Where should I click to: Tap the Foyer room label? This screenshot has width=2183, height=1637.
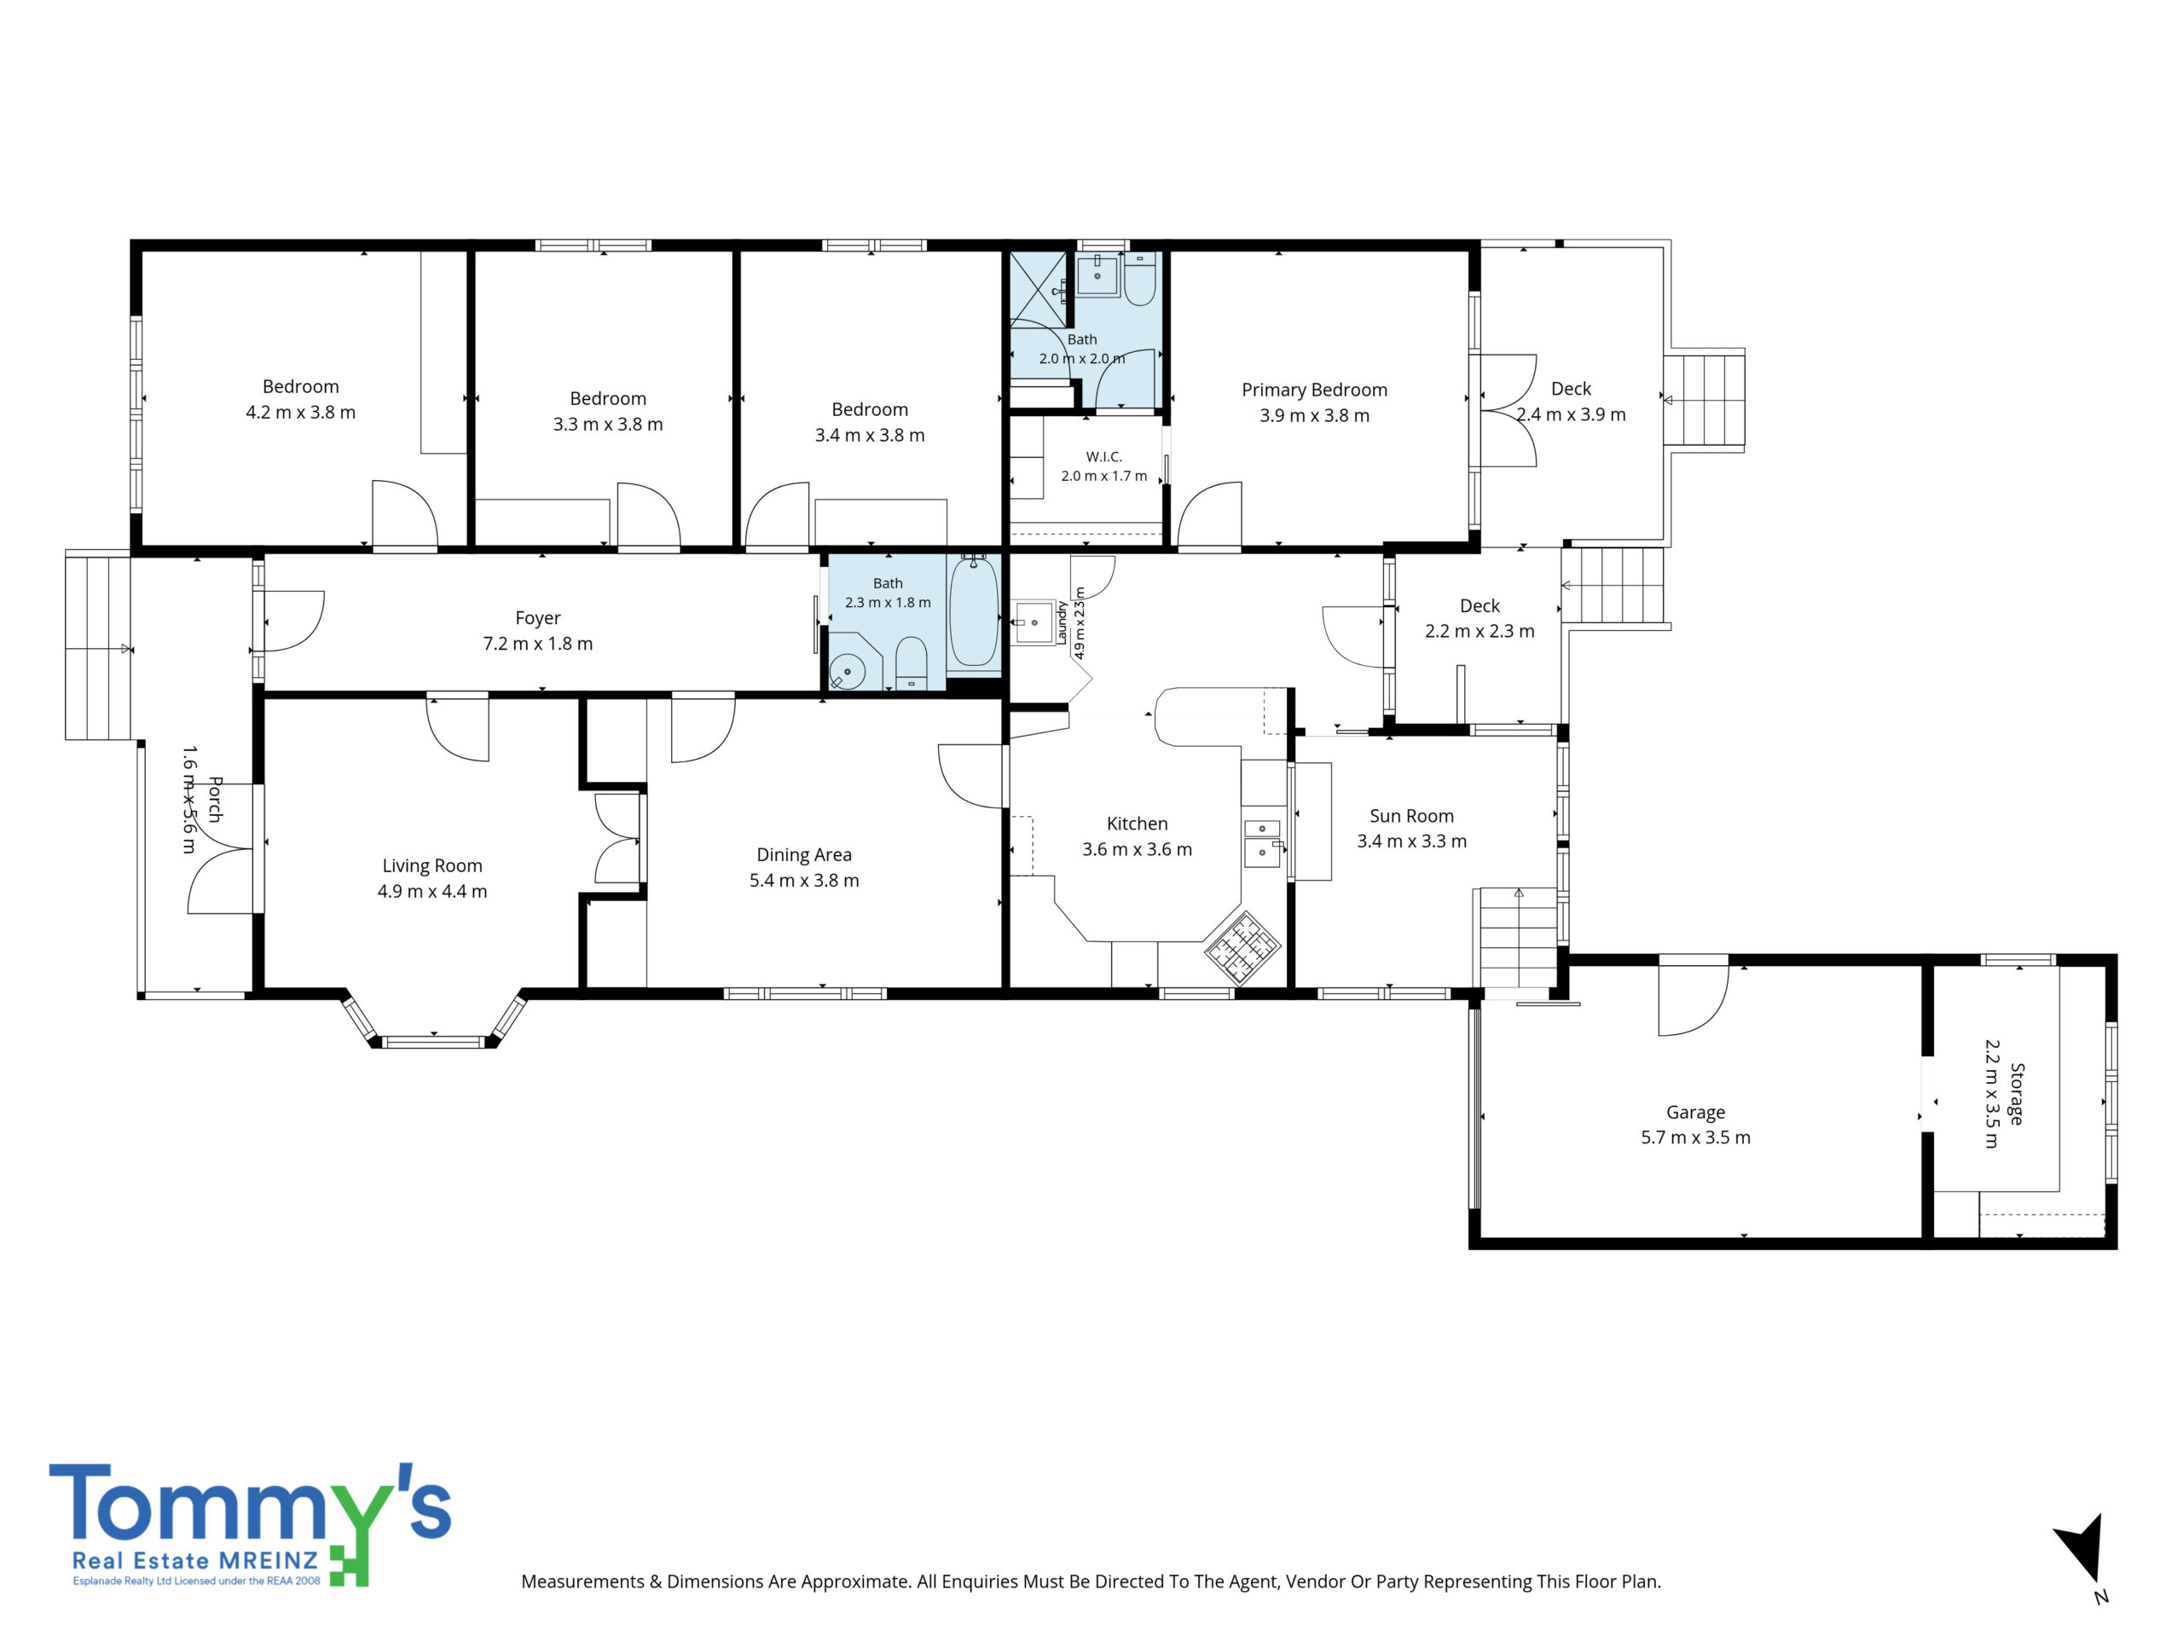(538, 617)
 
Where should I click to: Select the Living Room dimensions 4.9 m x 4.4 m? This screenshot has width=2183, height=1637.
(432, 891)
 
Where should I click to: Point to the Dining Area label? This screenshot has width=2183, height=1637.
(803, 854)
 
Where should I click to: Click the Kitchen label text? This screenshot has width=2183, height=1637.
(1137, 823)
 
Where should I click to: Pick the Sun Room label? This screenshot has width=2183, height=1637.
(1411, 816)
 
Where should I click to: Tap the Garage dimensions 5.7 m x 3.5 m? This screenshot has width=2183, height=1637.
(1695, 1137)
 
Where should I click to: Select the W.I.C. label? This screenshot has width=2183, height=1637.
(1103, 457)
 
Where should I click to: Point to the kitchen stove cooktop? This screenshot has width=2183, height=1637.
(1242, 947)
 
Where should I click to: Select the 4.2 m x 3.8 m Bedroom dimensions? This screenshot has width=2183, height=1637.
(301, 413)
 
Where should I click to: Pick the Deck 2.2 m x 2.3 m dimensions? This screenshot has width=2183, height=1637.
(1479, 632)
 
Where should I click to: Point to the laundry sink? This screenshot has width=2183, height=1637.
(1034, 622)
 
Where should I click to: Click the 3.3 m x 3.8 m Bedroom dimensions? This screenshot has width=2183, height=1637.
(608, 425)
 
